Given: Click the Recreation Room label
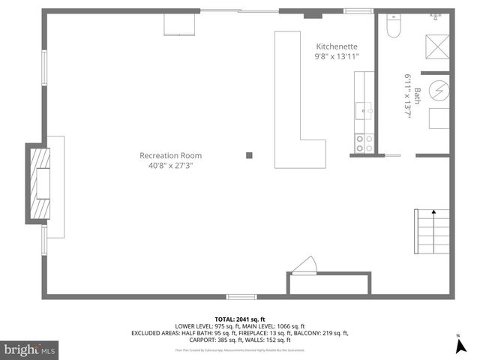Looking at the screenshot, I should pyautogui.click(x=170, y=156).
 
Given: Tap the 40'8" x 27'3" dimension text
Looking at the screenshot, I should pyautogui.click(x=170, y=166).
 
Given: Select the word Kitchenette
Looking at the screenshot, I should pyautogui.click(x=337, y=46).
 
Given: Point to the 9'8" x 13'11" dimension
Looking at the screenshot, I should pyautogui.click(x=337, y=56).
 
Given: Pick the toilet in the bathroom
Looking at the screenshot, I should pyautogui.click(x=393, y=27).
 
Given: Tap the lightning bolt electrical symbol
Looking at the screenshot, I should pyautogui.click(x=441, y=91).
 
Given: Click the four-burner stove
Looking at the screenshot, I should pyautogui.click(x=364, y=142).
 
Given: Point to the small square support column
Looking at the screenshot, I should pyautogui.click(x=249, y=156).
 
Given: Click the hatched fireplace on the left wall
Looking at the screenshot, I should pyautogui.click(x=36, y=182).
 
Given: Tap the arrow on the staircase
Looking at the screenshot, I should pyautogui.click(x=433, y=214).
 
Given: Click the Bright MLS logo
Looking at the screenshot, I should pyautogui.click(x=30, y=349).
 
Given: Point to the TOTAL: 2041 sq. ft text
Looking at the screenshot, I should pyautogui.click(x=240, y=319).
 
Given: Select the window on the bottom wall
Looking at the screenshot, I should pyautogui.click(x=241, y=297).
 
